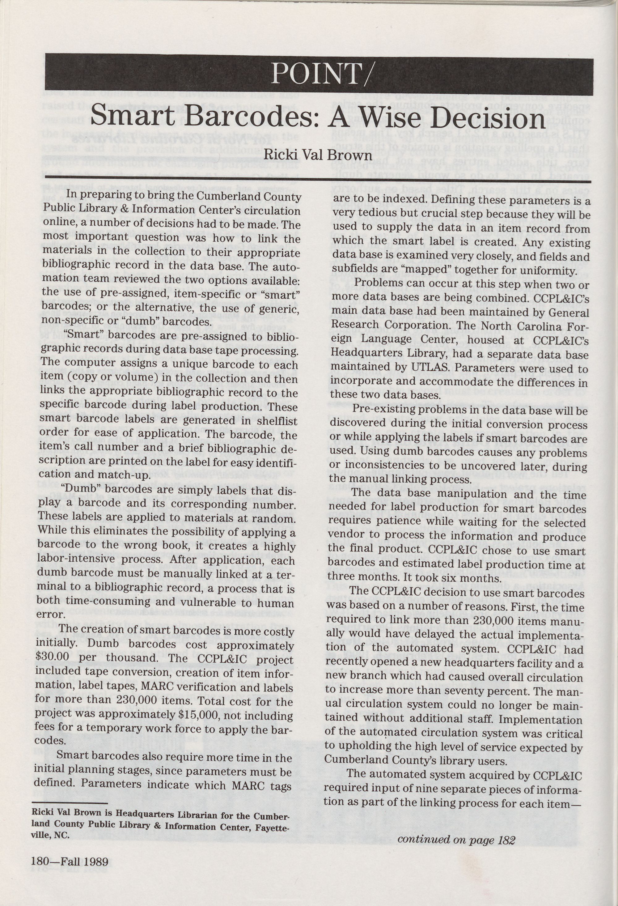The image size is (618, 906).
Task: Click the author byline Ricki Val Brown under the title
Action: click(x=318, y=155)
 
